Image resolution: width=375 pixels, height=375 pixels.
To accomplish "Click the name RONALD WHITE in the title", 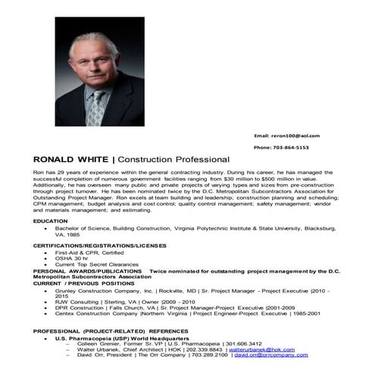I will click(x=71, y=160).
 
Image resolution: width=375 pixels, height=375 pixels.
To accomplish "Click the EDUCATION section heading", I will click(x=50, y=220).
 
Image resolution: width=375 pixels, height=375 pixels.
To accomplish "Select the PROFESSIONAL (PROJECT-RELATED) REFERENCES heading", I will click(x=110, y=331).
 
